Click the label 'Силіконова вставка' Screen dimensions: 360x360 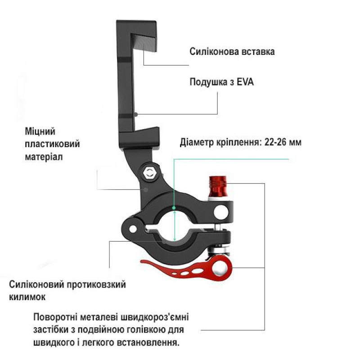(x=232, y=52)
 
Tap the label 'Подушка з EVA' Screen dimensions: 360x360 (x=221, y=82)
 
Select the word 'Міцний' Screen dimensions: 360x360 (x=40, y=131)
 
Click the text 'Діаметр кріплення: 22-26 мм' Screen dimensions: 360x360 (x=240, y=142)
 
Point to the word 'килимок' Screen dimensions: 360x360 (x=27, y=297)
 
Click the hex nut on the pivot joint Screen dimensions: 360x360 (x=149, y=172)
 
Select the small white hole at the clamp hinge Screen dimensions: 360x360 (x=133, y=229)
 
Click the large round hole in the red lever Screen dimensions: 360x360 (x=220, y=268)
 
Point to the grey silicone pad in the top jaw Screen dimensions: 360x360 (x=144, y=43)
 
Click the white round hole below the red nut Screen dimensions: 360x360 (x=221, y=211)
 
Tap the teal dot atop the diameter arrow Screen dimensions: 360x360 (x=174, y=208)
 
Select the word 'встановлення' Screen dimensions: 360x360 (x=148, y=343)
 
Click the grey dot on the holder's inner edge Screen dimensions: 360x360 (x=136, y=114)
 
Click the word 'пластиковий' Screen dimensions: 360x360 (x=52, y=144)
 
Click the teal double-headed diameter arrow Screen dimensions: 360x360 (x=175, y=226)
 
